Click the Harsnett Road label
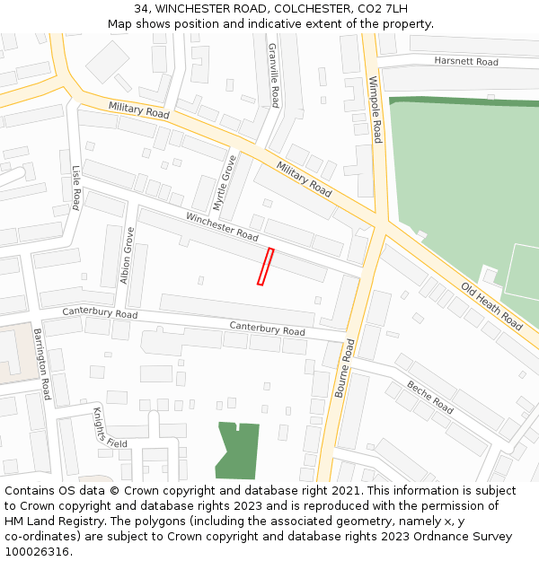click(x=465, y=62)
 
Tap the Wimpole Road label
click(x=376, y=110)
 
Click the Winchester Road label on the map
click(x=222, y=226)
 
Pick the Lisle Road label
click(x=76, y=186)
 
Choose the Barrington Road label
click(x=42, y=364)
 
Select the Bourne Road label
click(x=344, y=368)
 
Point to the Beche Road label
click(x=429, y=396)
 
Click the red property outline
click(x=265, y=267)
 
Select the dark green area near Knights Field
click(x=238, y=450)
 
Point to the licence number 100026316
click(x=37, y=551)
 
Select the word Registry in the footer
click(x=96, y=521)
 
